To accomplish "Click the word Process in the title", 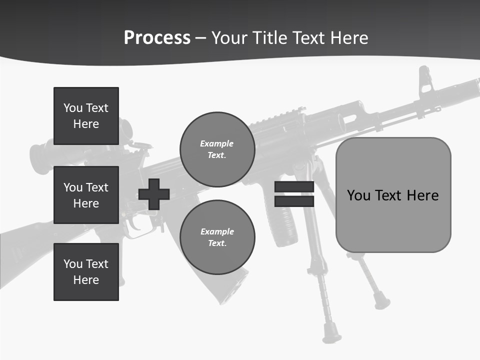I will pyautogui.click(x=157, y=38).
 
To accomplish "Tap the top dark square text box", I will pyautogui.click(x=86, y=116).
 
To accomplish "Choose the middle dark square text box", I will pyautogui.click(x=86, y=195).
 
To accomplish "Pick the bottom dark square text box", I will pyautogui.click(x=86, y=271).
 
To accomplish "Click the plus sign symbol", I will pyautogui.click(x=154, y=194).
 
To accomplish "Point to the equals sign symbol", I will pyautogui.click(x=294, y=194).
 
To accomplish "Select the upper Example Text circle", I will pyautogui.click(x=217, y=149).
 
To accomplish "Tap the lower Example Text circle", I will pyautogui.click(x=217, y=237).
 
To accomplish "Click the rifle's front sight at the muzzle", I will pyautogui.click(x=425, y=80).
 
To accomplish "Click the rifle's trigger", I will pyautogui.click(x=133, y=223).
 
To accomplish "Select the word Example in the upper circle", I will pyautogui.click(x=217, y=143).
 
